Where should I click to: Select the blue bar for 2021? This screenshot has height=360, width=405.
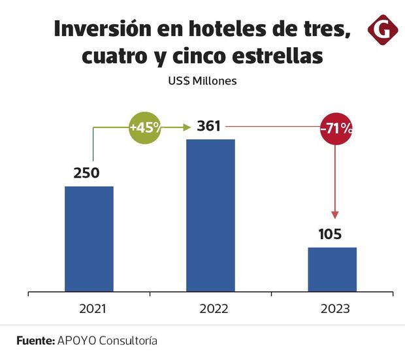coord(89,238)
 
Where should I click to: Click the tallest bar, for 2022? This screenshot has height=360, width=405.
coord(210,215)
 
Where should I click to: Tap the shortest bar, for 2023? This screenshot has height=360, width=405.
coord(332,269)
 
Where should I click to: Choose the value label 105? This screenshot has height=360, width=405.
coord(331,234)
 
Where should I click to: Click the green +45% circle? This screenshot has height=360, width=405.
coord(145,128)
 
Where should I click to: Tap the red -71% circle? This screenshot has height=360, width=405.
coord(336,128)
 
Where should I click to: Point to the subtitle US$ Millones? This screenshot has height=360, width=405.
coord(202,82)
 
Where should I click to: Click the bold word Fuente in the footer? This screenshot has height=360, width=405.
coord(35,341)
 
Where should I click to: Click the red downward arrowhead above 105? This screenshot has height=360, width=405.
coord(335,214)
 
